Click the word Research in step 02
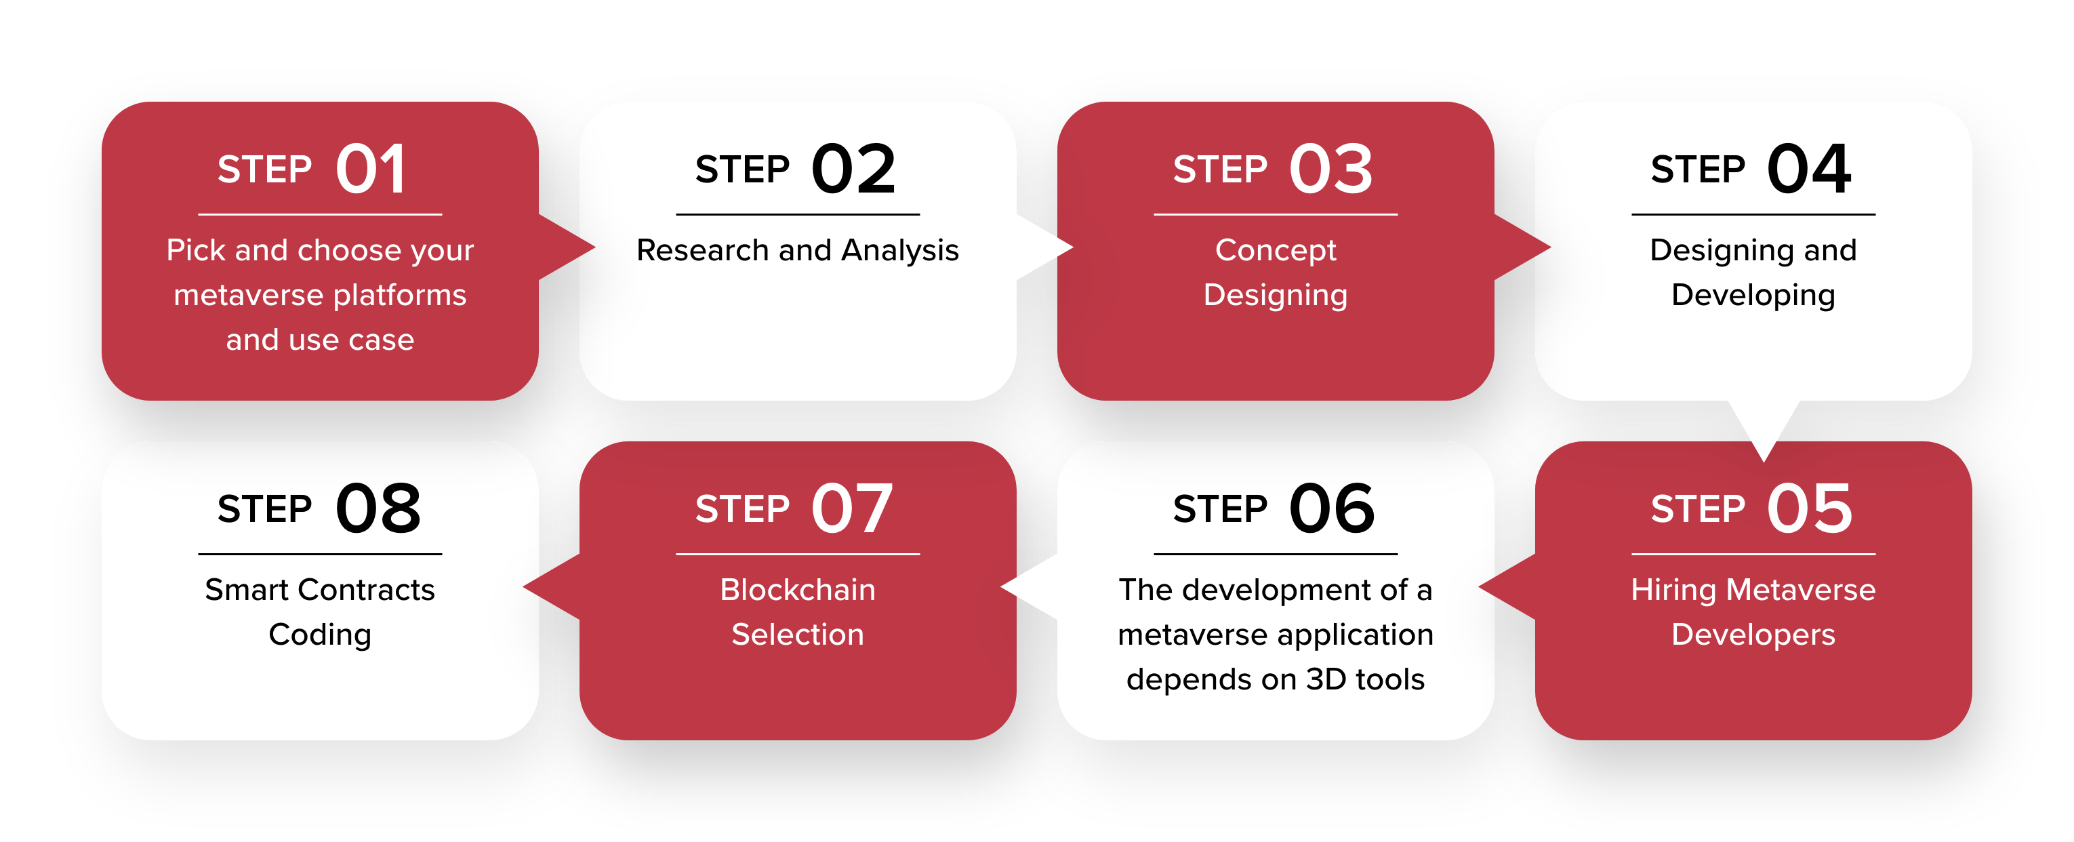(703, 250)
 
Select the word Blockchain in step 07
(798, 590)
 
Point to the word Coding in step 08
(321, 636)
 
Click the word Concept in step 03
(1276, 251)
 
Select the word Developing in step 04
(1753, 296)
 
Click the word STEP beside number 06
(1220, 510)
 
